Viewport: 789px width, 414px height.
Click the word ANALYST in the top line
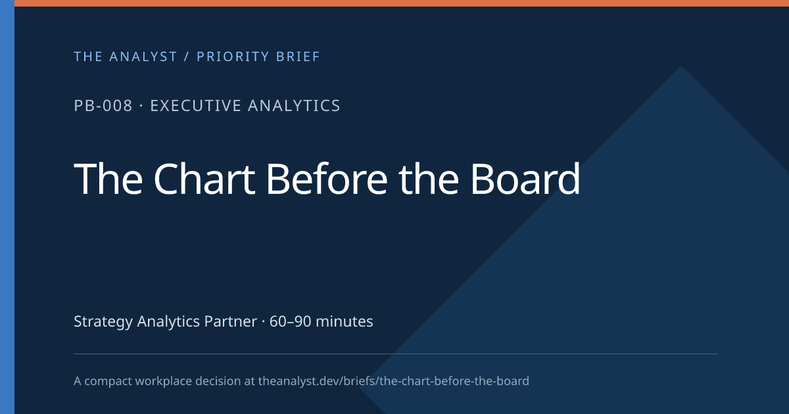click(143, 57)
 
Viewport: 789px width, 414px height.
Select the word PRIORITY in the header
click(232, 57)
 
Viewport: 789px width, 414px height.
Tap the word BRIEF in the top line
click(298, 57)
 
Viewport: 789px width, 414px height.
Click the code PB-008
click(103, 106)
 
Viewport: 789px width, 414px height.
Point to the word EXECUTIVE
click(195, 106)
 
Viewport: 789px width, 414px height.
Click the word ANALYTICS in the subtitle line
click(294, 106)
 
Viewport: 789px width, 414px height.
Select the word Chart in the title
click(204, 179)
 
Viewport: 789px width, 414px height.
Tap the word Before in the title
click(327, 179)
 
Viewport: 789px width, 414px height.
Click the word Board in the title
click(525, 179)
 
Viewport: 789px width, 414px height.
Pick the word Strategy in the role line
click(103, 322)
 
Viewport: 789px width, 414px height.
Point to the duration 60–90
click(290, 321)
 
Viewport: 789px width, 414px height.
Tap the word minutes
click(344, 321)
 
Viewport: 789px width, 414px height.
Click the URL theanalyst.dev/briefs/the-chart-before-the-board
click(393, 381)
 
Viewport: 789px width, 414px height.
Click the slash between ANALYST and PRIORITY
click(187, 57)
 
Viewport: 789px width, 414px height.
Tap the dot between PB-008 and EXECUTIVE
click(141, 106)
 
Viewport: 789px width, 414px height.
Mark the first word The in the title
click(108, 179)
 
